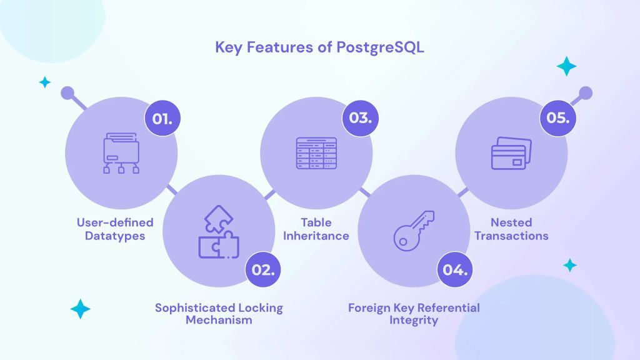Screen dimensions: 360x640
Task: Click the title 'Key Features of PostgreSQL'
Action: [319, 47]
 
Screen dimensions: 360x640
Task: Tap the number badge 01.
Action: [162, 118]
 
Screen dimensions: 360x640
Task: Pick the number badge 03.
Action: [360, 118]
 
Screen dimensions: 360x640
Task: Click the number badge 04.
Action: [454, 270]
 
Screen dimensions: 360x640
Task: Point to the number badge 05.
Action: [557, 118]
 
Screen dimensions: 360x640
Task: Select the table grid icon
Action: [316, 152]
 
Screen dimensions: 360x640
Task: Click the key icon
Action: [413, 231]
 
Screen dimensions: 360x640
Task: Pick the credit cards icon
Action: [511, 153]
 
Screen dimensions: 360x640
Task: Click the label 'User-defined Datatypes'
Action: [115, 229]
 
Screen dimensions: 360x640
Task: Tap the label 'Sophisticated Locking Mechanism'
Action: [219, 314]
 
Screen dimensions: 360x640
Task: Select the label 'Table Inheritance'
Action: [316, 229]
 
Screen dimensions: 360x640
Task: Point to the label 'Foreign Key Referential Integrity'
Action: [414, 314]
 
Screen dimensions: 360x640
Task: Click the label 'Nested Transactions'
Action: [511, 229]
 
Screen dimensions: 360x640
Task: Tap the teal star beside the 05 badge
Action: [567, 66]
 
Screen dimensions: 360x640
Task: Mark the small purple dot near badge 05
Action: [585, 94]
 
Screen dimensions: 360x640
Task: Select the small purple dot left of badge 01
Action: [67, 94]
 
